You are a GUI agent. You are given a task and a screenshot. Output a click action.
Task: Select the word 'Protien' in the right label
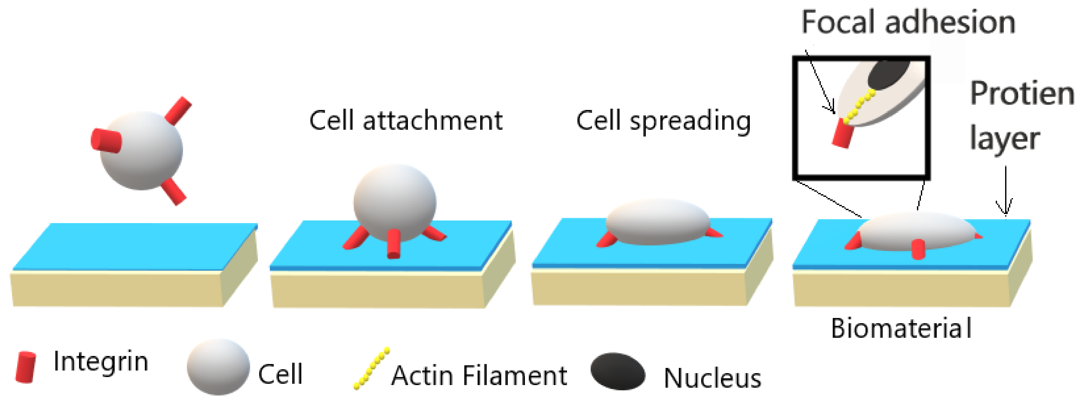[1021, 94]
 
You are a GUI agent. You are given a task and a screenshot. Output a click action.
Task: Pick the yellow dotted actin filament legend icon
[371, 368]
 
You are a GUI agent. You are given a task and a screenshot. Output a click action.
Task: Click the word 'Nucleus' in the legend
[712, 378]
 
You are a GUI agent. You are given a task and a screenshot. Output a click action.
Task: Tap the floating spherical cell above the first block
[141, 151]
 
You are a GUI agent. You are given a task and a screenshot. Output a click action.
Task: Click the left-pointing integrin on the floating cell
[106, 141]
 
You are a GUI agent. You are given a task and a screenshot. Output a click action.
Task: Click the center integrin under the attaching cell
[394, 244]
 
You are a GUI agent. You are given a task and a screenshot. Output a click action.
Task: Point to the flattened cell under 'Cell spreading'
[658, 222]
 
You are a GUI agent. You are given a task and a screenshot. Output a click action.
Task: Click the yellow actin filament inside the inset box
[859, 108]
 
